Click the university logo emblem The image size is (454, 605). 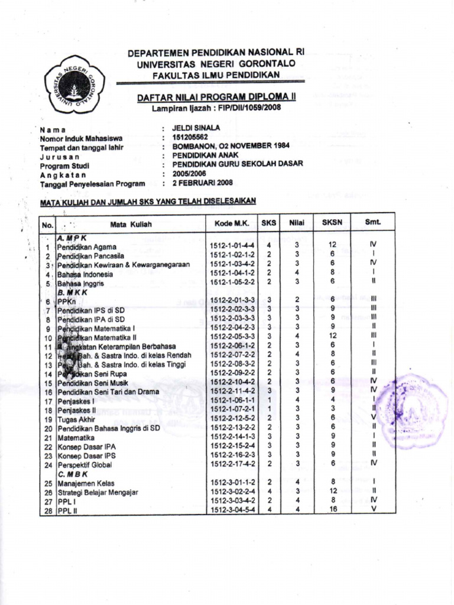[74, 84]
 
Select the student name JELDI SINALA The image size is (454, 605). [196, 128]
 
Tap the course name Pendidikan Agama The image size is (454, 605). [87, 246]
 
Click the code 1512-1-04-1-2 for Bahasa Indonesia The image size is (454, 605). [232, 273]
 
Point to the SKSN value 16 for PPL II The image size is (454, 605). [333, 509]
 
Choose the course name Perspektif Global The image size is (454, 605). [85, 465]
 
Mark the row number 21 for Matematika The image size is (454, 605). [48, 438]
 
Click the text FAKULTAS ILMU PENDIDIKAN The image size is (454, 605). [216, 74]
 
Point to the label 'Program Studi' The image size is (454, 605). [64, 165]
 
